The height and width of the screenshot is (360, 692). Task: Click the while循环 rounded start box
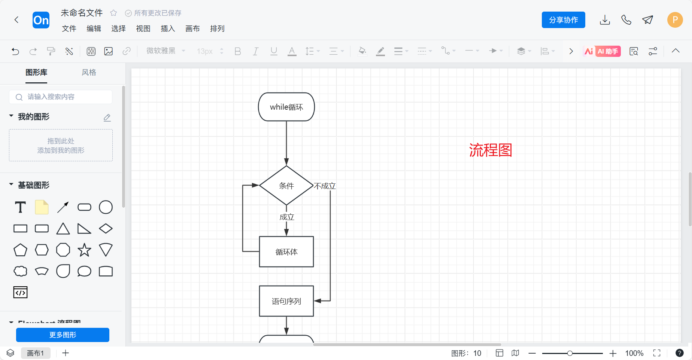[x=286, y=107]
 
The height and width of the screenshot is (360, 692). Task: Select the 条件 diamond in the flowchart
[x=286, y=186]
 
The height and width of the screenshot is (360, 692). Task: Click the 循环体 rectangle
[x=286, y=252]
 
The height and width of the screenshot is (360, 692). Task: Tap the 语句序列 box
[x=286, y=301]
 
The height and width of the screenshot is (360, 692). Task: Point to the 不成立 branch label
[x=325, y=186]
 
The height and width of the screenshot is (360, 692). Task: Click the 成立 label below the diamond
[x=287, y=217]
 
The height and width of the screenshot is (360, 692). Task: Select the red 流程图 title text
[x=490, y=150]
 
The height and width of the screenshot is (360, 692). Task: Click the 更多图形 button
[x=63, y=335]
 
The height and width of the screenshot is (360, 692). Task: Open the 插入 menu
[x=168, y=28]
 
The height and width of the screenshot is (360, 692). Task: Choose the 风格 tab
[x=89, y=72]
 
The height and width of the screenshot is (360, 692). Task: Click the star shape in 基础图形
[x=84, y=250]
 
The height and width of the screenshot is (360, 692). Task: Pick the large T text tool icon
[x=20, y=207]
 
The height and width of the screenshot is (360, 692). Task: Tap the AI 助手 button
[x=602, y=51]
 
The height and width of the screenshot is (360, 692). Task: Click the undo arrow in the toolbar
[x=15, y=51]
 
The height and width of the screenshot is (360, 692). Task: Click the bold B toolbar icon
[x=237, y=51]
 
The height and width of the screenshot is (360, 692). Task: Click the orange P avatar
[x=675, y=20]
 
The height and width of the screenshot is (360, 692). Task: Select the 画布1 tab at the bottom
[x=36, y=353]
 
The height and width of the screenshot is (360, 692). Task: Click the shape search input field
[x=61, y=97]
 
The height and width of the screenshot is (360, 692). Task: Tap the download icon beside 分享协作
[x=605, y=20]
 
